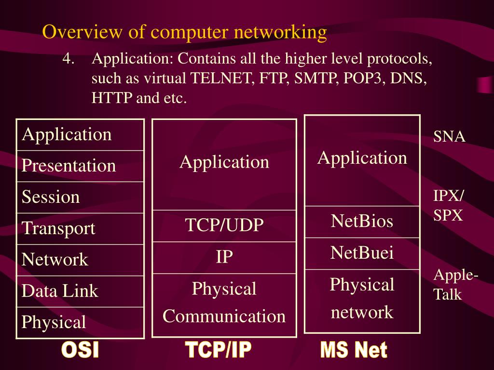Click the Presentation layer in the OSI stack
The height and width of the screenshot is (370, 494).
[69, 166]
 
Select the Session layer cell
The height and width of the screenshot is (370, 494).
[51, 197]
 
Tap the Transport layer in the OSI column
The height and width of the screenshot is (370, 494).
[58, 228]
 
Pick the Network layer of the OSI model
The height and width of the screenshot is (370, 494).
[55, 260]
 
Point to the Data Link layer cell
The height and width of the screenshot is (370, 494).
[60, 291]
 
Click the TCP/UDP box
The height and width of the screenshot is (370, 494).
[224, 225]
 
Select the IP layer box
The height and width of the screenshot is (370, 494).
[224, 257]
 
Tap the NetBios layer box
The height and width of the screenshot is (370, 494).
[362, 222]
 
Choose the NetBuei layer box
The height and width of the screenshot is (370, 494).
[362, 253]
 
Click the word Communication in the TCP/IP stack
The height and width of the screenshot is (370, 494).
[224, 317]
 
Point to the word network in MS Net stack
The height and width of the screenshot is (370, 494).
[362, 312]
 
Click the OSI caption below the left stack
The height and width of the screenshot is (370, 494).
[80, 350]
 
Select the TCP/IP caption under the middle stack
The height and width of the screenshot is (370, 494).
[218, 350]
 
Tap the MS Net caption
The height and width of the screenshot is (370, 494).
[354, 350]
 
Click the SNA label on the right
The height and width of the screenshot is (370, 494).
[449, 137]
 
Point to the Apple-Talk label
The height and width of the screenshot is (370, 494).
[455, 285]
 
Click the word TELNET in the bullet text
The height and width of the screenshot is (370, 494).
[222, 79]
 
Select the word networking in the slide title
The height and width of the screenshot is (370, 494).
[280, 32]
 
